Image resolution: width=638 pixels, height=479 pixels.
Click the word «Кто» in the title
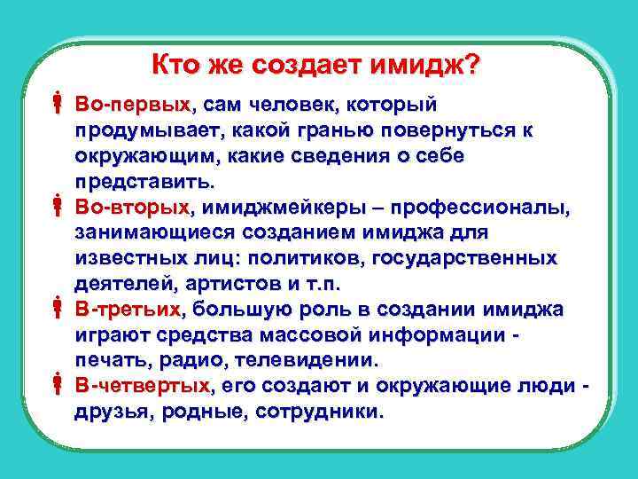pyautogui.click(x=175, y=65)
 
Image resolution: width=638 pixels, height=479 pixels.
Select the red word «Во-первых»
pyautogui.click(x=132, y=105)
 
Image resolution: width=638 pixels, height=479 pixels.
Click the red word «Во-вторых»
pyautogui.click(x=132, y=207)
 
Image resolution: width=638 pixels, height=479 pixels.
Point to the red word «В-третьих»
pyautogui.click(x=128, y=309)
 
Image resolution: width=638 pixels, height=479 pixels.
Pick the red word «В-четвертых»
pyautogui.click(x=143, y=386)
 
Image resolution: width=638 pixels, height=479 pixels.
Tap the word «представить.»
pyautogui.click(x=144, y=182)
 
